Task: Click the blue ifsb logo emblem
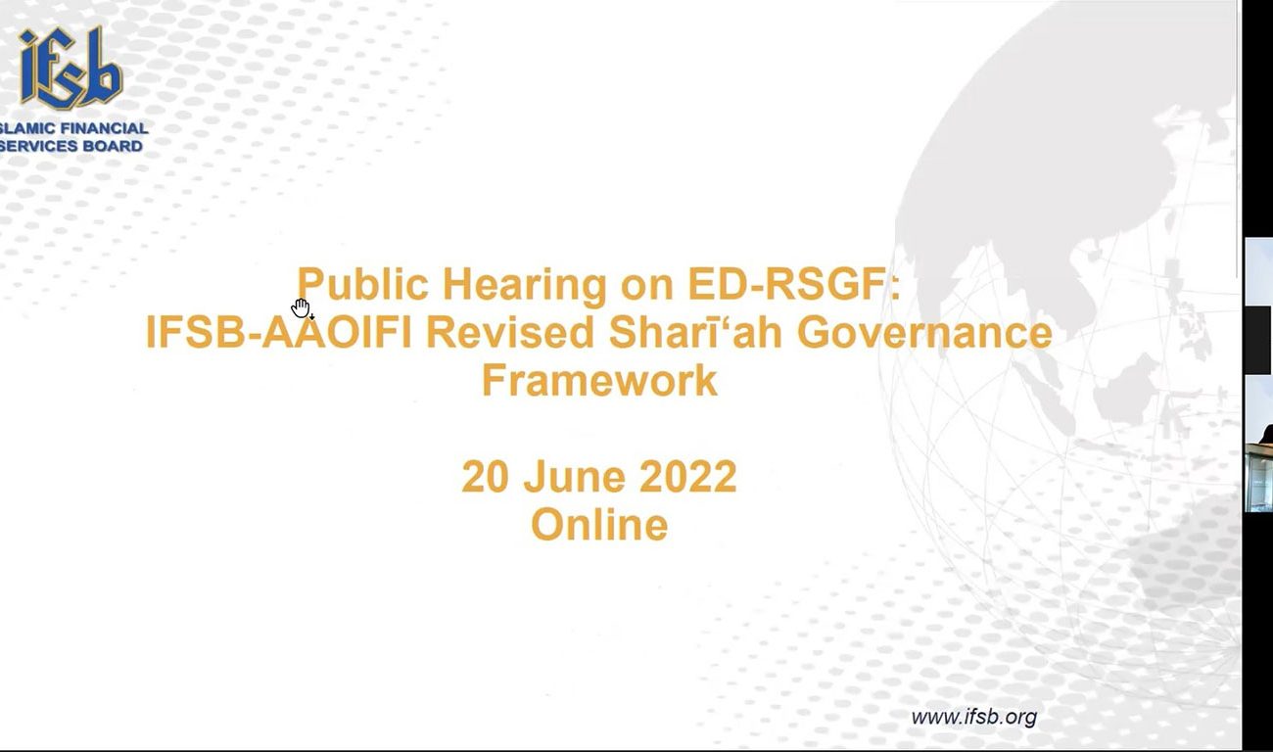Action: point(71,69)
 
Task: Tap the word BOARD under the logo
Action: point(113,146)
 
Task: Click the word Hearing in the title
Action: point(525,285)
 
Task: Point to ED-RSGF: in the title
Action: point(794,284)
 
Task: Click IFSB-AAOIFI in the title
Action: point(278,332)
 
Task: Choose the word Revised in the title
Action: point(510,332)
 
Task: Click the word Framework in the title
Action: point(599,380)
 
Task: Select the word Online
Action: point(599,524)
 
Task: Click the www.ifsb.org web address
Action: point(974,718)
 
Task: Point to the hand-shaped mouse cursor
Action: point(302,308)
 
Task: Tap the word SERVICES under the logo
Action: point(38,146)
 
